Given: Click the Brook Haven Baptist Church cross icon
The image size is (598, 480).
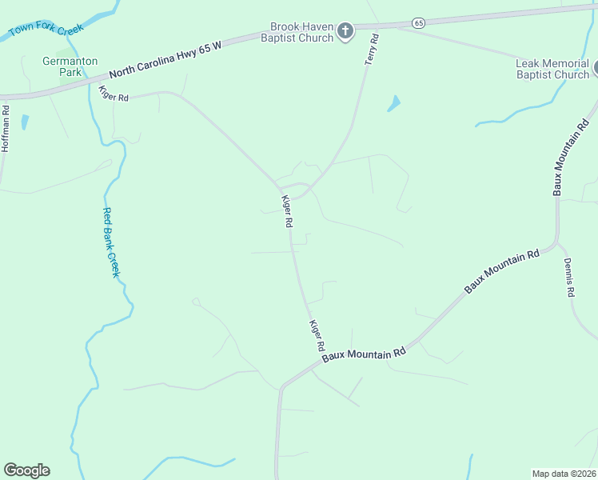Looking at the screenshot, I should click(x=345, y=31).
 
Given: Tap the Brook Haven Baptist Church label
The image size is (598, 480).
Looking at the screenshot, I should click(x=301, y=32).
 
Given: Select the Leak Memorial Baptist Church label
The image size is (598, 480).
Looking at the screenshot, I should click(x=552, y=70).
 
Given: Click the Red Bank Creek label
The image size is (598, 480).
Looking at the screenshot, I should click(x=110, y=242).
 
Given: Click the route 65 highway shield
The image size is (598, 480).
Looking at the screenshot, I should click(x=419, y=22).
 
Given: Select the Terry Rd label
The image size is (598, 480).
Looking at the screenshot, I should click(x=372, y=50).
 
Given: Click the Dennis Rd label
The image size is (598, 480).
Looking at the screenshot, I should click(x=568, y=277).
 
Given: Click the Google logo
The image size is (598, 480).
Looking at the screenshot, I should click(x=26, y=470).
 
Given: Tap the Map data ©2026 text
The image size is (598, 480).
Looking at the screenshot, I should click(x=564, y=473).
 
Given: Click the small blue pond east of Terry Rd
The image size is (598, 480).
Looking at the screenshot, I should click(x=393, y=104).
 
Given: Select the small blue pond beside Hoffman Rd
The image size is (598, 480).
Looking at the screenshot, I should click(x=25, y=122).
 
